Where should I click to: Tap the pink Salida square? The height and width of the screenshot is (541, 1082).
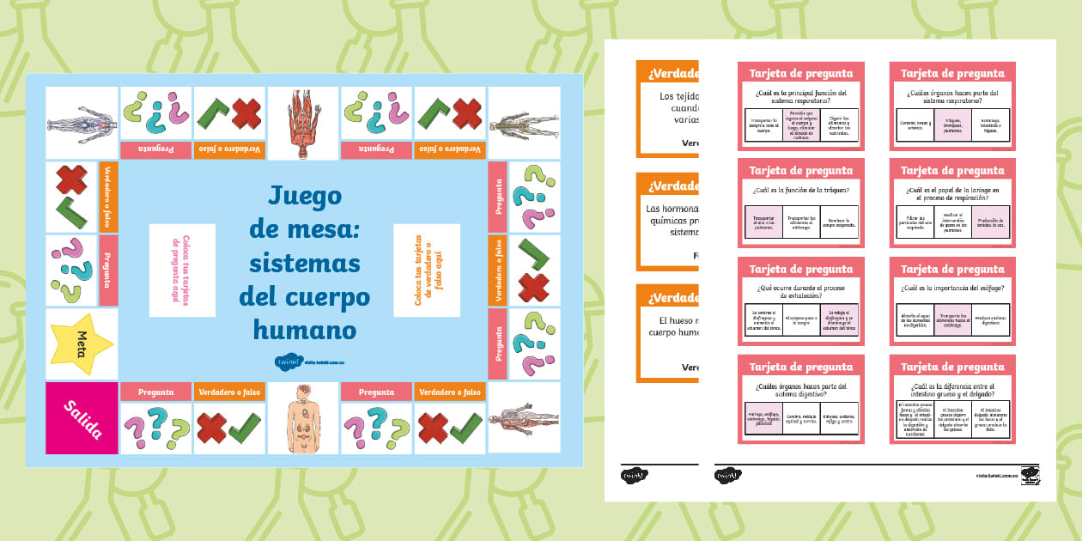point(82,417)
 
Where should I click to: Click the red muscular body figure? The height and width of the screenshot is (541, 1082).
point(303,123)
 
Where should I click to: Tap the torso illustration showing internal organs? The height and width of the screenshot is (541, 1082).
point(303,417)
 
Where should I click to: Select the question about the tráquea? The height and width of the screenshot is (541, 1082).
point(800,190)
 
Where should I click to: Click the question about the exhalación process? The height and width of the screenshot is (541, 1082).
point(800,291)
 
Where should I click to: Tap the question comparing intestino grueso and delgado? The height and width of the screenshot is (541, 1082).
point(952,389)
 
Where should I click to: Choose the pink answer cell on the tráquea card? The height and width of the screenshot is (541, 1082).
point(763,222)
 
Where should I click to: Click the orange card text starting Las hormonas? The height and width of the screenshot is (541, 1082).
point(672,220)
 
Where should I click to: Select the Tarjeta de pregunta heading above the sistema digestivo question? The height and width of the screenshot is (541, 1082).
point(800,367)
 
